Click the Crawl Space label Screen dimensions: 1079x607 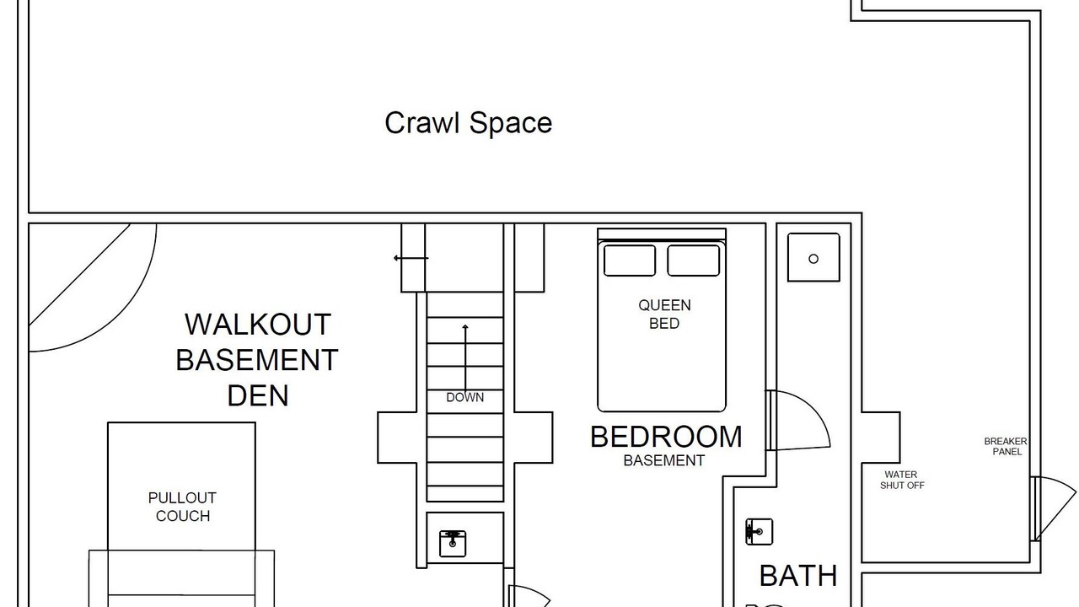468,123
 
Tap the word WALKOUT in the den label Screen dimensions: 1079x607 258,325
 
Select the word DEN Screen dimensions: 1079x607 258,395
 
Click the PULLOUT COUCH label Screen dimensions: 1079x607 183,507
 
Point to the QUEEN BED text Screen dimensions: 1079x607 664,314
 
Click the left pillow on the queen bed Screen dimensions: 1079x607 630,261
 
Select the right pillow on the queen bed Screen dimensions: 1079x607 693,261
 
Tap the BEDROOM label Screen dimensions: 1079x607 666,437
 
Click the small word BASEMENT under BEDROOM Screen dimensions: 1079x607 663,460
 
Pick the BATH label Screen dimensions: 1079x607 798,575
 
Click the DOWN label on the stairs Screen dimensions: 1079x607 464,397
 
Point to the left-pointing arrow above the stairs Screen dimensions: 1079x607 411,258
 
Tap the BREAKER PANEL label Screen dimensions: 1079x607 1006,447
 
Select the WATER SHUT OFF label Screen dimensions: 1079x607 902,480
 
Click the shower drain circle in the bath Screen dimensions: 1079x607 813,259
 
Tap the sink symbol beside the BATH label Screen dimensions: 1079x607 759,532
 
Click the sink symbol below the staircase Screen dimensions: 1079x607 453,544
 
